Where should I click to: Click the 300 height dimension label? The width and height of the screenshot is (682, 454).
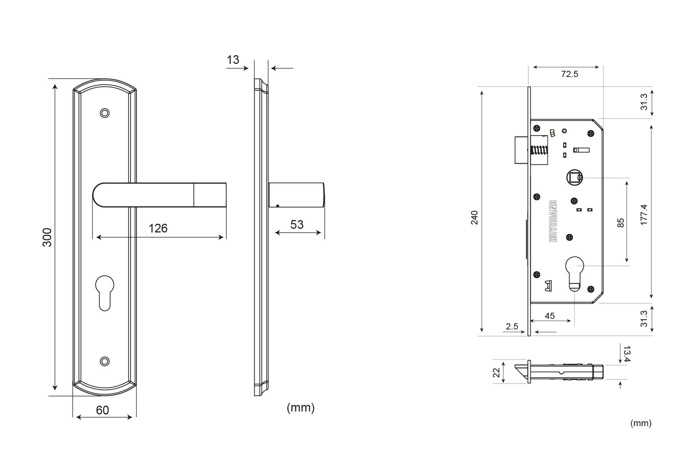(x=47, y=237)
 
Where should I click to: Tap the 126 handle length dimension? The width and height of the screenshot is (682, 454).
(x=158, y=228)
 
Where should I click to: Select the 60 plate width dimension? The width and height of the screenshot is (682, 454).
(x=103, y=410)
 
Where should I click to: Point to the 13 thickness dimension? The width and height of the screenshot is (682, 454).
(x=233, y=60)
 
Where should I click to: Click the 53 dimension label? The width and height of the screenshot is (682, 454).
(x=297, y=224)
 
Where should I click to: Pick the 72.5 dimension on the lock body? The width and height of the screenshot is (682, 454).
(x=570, y=74)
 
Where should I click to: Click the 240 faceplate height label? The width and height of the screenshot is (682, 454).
(x=475, y=217)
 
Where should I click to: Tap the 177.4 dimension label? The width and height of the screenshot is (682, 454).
(x=644, y=215)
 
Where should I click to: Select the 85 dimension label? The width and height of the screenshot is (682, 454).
(x=621, y=223)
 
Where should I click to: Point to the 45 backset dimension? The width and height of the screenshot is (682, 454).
(x=550, y=316)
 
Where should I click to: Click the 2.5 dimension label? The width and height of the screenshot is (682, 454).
(x=512, y=327)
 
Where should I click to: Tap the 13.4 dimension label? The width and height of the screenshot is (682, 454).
(x=627, y=354)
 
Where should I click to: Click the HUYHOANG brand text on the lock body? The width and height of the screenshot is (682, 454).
(x=553, y=221)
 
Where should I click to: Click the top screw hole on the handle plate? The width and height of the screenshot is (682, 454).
(x=105, y=113)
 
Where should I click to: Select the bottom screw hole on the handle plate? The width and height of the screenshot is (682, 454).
(x=105, y=361)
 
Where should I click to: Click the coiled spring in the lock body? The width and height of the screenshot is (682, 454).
(x=539, y=150)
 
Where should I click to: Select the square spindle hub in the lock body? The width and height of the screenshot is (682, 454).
(x=574, y=178)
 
